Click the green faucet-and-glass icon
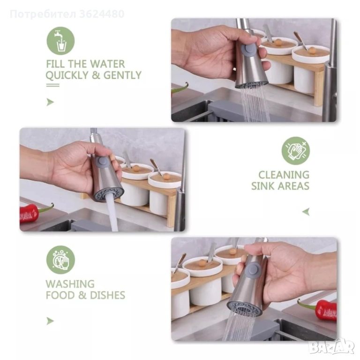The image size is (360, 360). point(60,41)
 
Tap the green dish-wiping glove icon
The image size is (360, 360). point(296,151)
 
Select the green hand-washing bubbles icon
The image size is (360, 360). point(60,260)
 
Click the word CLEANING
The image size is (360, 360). point(284,175)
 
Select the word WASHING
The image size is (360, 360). point(70,284)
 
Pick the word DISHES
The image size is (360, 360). point(108,295)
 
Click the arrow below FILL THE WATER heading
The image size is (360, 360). point(50,102)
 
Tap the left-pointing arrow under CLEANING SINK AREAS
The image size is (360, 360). point(306,212)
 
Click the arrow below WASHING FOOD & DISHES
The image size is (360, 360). point(50,321)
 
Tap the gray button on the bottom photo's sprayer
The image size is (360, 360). point(254,269)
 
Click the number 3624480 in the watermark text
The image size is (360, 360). point(102,14)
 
